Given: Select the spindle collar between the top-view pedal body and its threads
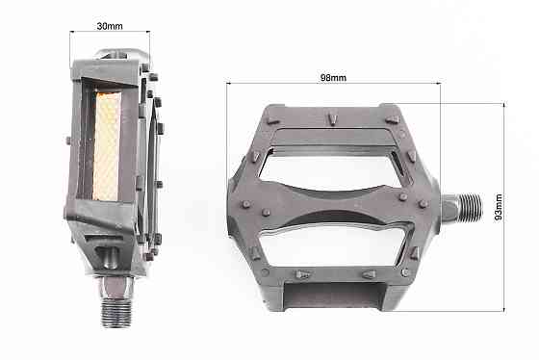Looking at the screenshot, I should pos(445,207).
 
